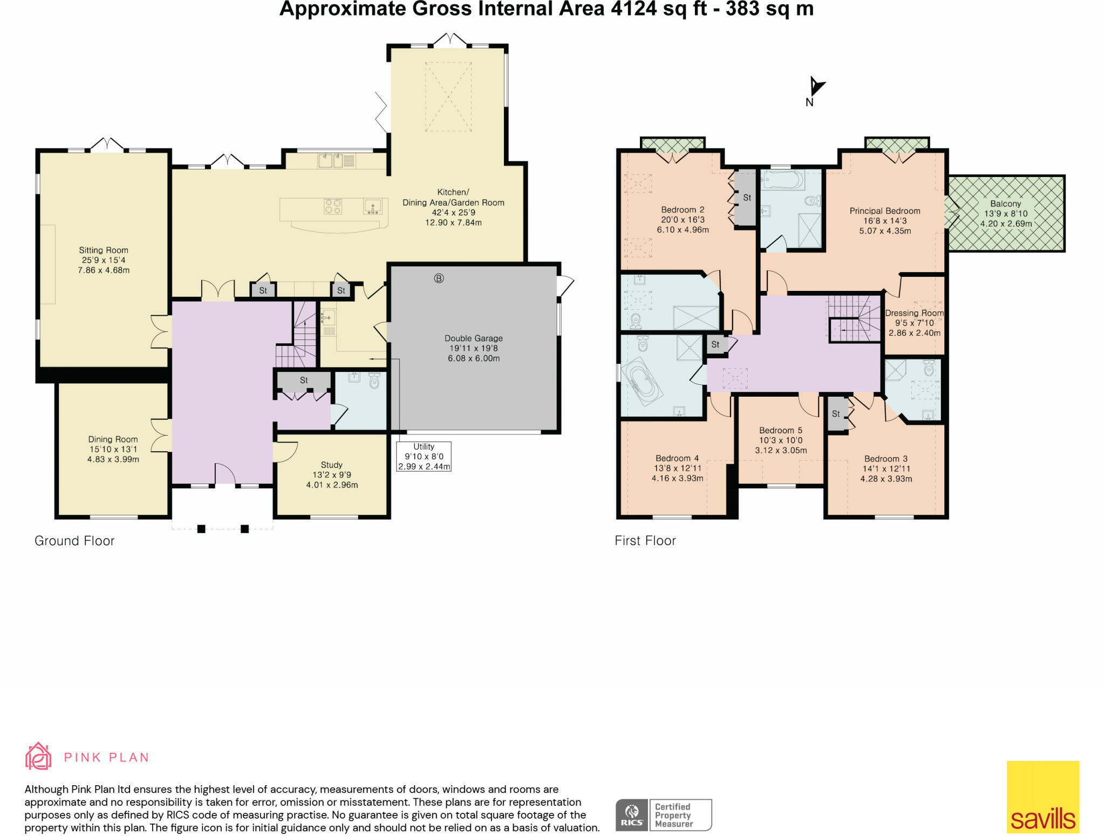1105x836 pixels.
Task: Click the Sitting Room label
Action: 104,250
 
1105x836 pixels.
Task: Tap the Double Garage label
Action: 474,338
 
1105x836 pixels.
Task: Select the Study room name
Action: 332,465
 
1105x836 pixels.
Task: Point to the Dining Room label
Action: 113,439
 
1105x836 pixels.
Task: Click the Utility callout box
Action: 424,457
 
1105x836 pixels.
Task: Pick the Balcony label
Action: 1006,203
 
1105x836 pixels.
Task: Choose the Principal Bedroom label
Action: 885,211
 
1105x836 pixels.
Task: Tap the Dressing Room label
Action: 915,313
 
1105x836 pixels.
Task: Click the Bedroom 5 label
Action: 781,430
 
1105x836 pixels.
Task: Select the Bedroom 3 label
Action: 886,459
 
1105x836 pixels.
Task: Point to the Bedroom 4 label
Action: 677,458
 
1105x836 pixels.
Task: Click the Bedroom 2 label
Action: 683,210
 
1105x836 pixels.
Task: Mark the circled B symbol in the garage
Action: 439,278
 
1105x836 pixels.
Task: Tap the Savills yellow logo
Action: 1043,797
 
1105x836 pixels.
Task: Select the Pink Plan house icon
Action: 38,756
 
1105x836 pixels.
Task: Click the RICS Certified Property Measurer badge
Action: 664,815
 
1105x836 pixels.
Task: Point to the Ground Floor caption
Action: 74,541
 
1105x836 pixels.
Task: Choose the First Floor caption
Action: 645,541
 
